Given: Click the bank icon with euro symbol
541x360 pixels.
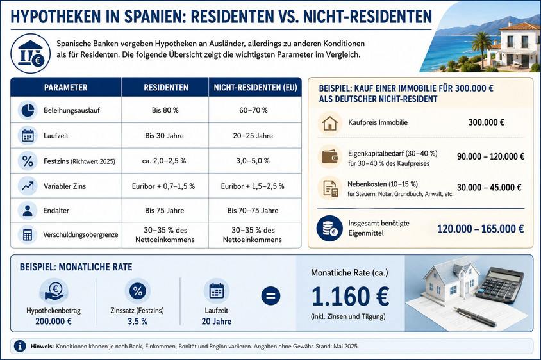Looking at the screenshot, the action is [x=30, y=53].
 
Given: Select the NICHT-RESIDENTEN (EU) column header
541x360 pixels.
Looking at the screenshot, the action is [x=255, y=88].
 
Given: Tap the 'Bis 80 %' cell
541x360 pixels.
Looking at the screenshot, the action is [x=165, y=110].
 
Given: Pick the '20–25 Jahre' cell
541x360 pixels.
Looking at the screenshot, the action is [x=253, y=136].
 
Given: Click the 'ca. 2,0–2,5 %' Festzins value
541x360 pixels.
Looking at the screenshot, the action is [x=164, y=161].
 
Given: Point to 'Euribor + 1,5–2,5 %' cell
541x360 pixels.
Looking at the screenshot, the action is [x=253, y=186].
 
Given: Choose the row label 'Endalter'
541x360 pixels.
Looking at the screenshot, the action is [x=56, y=211].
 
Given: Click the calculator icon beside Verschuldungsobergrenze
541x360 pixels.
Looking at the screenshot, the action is [x=28, y=235].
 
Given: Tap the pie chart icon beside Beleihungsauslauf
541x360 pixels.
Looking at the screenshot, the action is [x=28, y=110].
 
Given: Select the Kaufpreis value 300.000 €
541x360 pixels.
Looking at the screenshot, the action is [x=486, y=122].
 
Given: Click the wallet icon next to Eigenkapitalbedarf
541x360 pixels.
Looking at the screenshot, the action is [x=330, y=156].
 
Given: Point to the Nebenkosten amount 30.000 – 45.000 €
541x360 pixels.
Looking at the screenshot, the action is [x=489, y=188].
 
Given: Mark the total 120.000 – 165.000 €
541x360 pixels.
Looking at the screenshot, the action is [x=480, y=229].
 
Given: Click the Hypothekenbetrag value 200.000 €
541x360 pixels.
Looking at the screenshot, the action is [x=53, y=322].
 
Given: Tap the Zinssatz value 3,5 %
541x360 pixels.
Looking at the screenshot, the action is [x=138, y=322].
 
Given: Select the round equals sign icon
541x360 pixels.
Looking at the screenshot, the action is [x=271, y=296].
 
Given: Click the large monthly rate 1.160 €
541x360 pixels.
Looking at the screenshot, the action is [x=350, y=297].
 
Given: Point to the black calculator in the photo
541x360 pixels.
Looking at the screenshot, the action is [x=500, y=284].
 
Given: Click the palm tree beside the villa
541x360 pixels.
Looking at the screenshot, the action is [x=481, y=47].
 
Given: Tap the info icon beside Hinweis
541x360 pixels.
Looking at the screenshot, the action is [x=20, y=346].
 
